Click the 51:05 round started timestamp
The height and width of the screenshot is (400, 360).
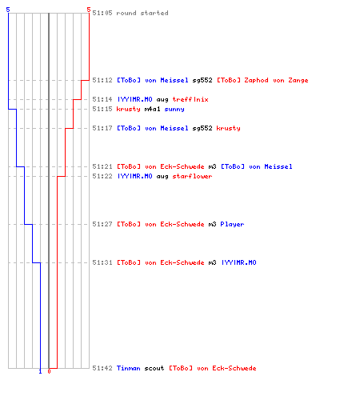tap(102, 13)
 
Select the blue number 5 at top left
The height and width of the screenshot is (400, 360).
tap(8, 10)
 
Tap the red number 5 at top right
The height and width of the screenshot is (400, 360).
tap(89, 10)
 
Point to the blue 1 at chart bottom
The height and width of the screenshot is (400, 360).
tap(40, 371)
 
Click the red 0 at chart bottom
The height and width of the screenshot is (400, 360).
tap(49, 371)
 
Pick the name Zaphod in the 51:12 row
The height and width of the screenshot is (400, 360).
tap(256, 80)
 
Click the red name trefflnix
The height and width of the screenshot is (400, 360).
tap(190, 99)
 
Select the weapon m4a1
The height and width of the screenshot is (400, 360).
tap(152, 109)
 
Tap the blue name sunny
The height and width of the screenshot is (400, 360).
tap(174, 110)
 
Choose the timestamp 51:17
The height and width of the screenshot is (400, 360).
tap(102, 128)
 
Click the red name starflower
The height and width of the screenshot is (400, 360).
tap(192, 176)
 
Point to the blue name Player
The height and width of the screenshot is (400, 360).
tap(232, 224)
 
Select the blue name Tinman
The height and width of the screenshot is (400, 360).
tap(129, 368)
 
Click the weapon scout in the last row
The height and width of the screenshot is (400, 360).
tap(154, 368)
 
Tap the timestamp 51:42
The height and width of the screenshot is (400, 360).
tap(102, 368)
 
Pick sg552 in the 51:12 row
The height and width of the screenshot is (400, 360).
tap(202, 80)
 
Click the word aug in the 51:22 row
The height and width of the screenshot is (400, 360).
tap(162, 177)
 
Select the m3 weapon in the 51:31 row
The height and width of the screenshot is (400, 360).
tap(212, 262)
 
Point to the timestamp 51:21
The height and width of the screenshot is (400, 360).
tap(102, 166)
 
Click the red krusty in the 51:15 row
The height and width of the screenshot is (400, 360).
tap(129, 109)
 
